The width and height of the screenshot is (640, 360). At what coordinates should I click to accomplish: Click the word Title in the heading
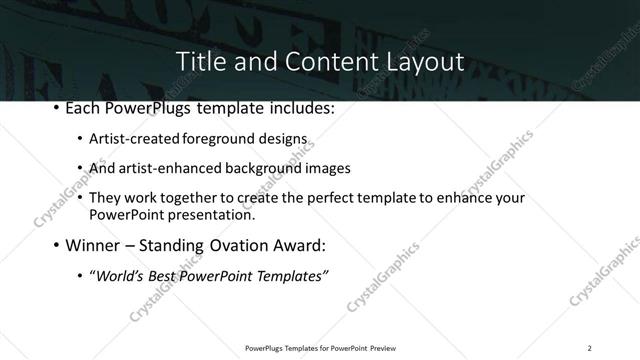coord(198,61)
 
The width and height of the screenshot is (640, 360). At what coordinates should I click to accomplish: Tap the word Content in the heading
coord(321,61)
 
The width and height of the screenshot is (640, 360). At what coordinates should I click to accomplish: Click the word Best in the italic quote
coord(165,274)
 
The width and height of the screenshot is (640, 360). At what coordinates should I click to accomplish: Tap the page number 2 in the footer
coord(590,348)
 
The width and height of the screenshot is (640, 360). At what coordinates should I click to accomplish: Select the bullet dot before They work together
coord(80,197)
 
